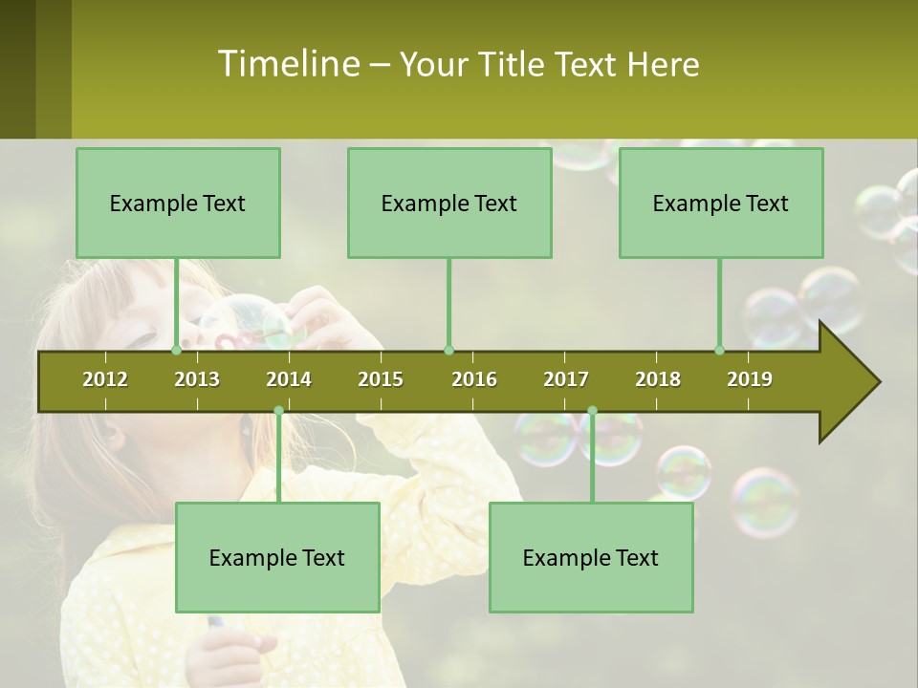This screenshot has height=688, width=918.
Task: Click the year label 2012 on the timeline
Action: point(105,379)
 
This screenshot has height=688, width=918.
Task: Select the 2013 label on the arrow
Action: point(197,379)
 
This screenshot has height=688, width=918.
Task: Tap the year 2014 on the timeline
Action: point(289,379)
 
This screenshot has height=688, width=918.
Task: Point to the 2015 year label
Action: point(381,379)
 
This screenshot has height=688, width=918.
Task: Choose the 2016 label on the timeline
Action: point(474,379)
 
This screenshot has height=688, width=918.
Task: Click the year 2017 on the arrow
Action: point(566,379)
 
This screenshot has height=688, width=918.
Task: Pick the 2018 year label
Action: point(658,379)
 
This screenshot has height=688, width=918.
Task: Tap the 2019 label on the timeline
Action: point(750,379)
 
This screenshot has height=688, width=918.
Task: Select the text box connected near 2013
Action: point(178,203)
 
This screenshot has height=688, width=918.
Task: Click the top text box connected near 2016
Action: point(449,203)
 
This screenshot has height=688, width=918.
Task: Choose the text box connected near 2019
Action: point(721,203)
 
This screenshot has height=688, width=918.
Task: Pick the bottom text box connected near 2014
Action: point(277,557)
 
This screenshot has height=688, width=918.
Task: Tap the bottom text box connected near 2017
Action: point(591,557)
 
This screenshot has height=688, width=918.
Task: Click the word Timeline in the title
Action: point(287,64)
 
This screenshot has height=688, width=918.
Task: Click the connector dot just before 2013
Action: point(176,350)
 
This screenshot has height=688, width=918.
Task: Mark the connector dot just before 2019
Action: point(719,350)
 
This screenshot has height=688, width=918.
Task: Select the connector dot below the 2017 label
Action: point(592,411)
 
